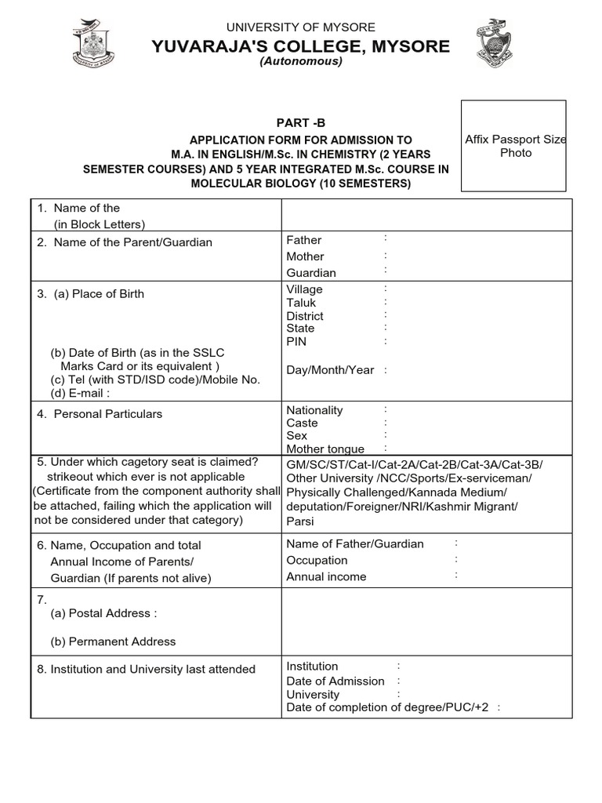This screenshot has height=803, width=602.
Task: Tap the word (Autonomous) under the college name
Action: click(301, 61)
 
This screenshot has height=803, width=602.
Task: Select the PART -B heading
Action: click(300, 122)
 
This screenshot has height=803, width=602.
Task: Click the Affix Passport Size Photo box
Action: click(514, 146)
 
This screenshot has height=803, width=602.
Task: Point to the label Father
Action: click(304, 240)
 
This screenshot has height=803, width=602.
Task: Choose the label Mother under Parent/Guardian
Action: click(305, 256)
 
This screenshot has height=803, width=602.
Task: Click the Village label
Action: click(304, 289)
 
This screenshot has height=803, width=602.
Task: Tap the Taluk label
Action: click(301, 303)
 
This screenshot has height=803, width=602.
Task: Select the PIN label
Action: click(296, 342)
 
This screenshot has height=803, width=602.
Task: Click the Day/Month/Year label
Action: click(330, 370)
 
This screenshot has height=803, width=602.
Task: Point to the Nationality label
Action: click(314, 410)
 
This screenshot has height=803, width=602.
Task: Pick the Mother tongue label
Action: click(325, 449)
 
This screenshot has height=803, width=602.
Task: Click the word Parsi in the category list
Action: click(299, 520)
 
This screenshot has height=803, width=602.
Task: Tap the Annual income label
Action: click(326, 576)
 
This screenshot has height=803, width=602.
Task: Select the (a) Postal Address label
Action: click(103, 613)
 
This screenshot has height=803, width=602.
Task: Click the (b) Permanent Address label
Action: click(113, 641)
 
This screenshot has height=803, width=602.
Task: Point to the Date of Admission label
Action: click(335, 681)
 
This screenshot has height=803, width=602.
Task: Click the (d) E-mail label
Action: click(80, 393)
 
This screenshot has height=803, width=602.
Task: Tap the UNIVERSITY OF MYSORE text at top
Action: click(301, 27)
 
